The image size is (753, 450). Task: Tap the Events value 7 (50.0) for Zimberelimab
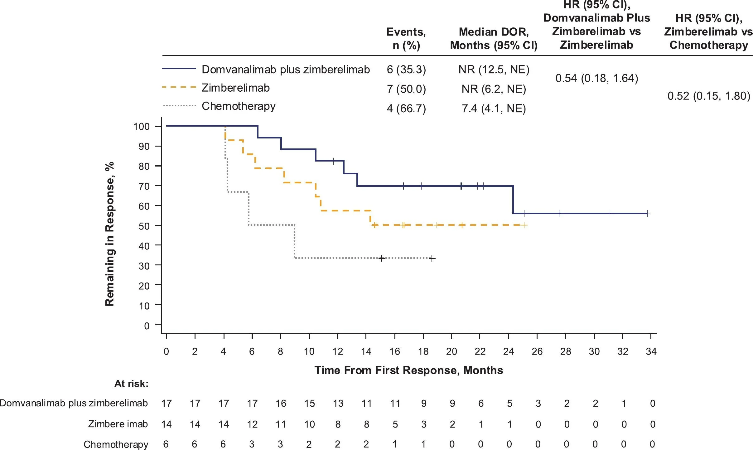pyautogui.click(x=406, y=89)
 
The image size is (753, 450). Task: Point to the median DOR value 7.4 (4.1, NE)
pyautogui.click(x=494, y=109)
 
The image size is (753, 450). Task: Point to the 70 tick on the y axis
pyautogui.click(x=144, y=186)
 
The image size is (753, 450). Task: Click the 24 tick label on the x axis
pyautogui.click(x=508, y=351)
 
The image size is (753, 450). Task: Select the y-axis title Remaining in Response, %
pyautogui.click(x=110, y=234)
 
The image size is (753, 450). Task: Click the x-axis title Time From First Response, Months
pyautogui.click(x=408, y=370)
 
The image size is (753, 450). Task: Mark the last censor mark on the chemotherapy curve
pyautogui.click(x=432, y=258)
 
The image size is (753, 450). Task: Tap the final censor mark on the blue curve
pyautogui.click(x=648, y=214)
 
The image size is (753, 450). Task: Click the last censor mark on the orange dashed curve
pyautogui.click(x=524, y=225)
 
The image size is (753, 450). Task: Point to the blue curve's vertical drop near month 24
pyautogui.click(x=513, y=200)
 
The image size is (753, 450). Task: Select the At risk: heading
pyautogui.click(x=131, y=384)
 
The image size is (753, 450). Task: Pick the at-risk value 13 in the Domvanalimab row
pyautogui.click(x=338, y=404)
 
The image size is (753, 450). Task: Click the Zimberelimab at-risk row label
pyautogui.click(x=118, y=424)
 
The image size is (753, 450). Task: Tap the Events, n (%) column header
pyautogui.click(x=406, y=38)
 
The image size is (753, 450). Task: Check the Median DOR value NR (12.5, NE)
pyautogui.click(x=494, y=70)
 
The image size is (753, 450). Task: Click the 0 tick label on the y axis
pyautogui.click(x=147, y=326)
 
